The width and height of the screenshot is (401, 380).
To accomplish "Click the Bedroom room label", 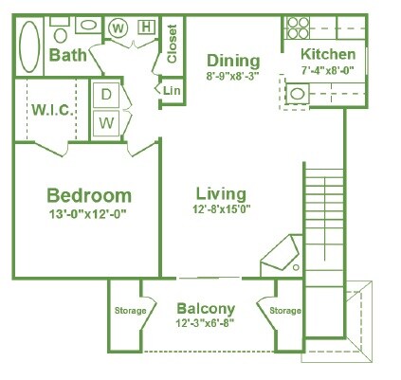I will click(x=87, y=195).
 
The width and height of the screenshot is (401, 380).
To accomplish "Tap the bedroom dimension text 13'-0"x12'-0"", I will click(x=87, y=214).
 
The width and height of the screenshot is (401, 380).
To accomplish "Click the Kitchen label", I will click(x=328, y=55).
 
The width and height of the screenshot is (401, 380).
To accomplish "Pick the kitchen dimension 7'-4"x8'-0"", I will click(x=327, y=70).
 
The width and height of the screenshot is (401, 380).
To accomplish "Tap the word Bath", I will click(x=67, y=56).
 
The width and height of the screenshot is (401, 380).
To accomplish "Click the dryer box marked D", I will click(x=105, y=96).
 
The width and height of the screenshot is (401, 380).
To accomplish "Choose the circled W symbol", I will click(x=118, y=27).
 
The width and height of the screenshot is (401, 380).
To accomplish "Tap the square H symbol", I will click(x=146, y=27).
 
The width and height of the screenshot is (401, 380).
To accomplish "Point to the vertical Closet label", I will click(x=172, y=44).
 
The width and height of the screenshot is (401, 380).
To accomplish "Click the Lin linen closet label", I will click(x=172, y=91).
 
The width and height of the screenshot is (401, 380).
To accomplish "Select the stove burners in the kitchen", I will click(x=297, y=27).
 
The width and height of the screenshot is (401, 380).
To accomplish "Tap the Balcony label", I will click(x=206, y=309).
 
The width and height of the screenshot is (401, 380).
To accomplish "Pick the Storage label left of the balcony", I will click(x=130, y=311).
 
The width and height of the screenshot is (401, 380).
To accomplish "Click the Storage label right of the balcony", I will click(x=284, y=311).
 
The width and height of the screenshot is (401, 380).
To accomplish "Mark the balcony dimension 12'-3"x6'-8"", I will click(x=206, y=323).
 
